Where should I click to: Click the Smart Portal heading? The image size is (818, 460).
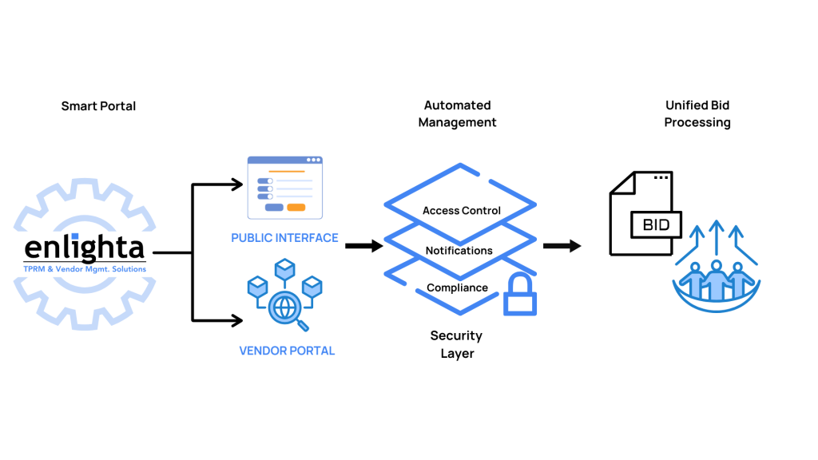[x=98, y=105]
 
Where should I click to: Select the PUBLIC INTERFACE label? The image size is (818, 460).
[x=284, y=238]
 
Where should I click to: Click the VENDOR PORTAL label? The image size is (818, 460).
[x=287, y=351]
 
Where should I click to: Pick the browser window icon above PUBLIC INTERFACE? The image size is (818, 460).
[x=284, y=188]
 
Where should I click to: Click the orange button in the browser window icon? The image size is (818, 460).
[x=296, y=208]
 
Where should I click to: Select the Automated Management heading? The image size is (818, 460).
[x=457, y=113]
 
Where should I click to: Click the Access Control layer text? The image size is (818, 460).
[x=461, y=211]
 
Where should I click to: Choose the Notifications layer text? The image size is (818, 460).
[x=459, y=251]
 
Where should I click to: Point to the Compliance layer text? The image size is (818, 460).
[x=457, y=287]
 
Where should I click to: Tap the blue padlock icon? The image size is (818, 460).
[x=519, y=295]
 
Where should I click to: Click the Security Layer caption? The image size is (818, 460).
[x=456, y=344]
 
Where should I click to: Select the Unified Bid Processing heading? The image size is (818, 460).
[x=697, y=113]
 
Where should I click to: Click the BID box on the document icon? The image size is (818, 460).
[x=656, y=225]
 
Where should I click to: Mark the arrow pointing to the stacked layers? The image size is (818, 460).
[x=364, y=246]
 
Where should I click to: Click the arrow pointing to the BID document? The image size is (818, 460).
[x=562, y=246]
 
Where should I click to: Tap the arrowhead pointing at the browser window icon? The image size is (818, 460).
[x=237, y=186]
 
